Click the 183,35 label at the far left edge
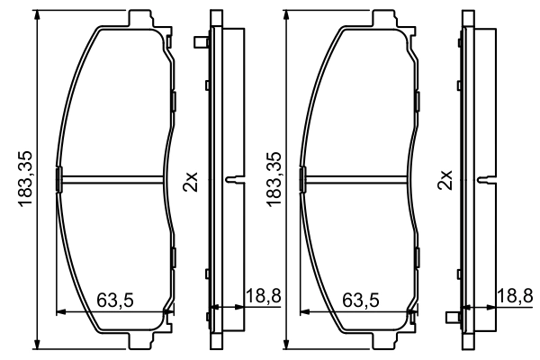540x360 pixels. (x=25, y=181)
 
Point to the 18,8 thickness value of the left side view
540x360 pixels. (x=262, y=294)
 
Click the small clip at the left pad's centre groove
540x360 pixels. (x=58, y=179)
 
